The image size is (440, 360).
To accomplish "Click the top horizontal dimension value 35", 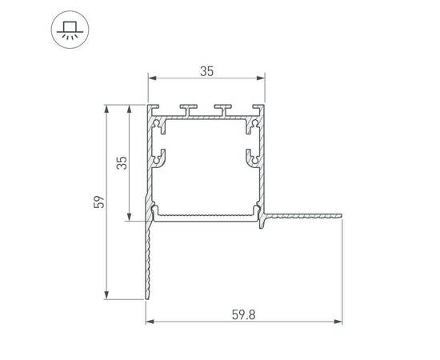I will (206, 71).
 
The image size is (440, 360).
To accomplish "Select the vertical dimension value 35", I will (121, 163).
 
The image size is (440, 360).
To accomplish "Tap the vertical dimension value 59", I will (98, 202).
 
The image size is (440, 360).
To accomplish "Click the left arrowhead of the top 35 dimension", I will (150, 78).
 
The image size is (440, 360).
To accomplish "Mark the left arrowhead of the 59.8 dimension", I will (150, 323).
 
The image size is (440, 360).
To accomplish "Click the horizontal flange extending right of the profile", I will (304, 214).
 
